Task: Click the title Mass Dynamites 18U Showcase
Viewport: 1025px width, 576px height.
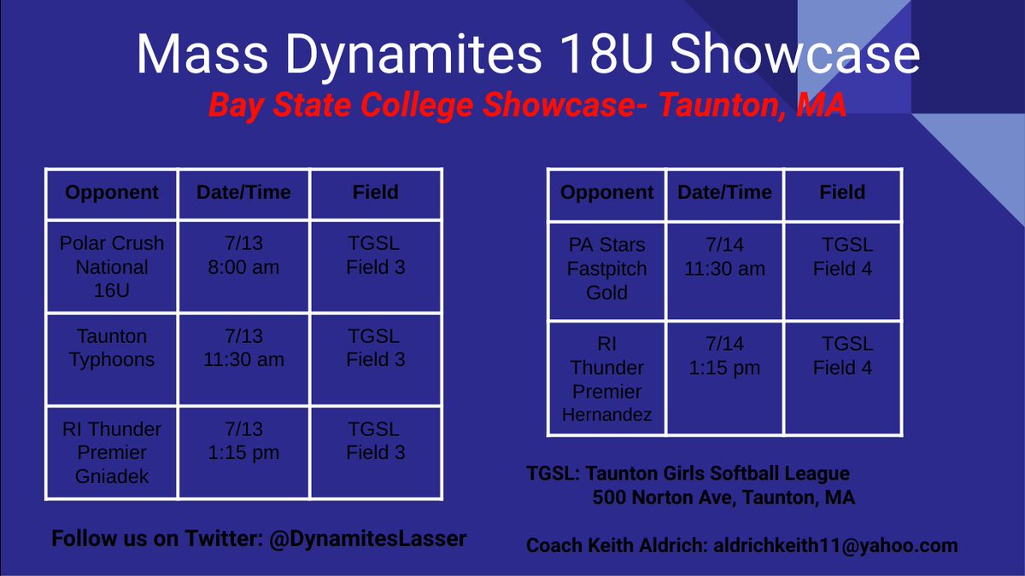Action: (x=527, y=55)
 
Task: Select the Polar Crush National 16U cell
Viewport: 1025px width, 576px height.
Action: (x=111, y=267)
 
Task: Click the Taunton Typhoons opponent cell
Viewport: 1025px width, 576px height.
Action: (x=111, y=348)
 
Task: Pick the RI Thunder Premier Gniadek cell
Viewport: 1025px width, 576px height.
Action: (x=111, y=452)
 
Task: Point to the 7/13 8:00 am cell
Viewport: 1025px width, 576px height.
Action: (x=243, y=255)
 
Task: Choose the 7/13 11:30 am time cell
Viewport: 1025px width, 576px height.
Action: (x=243, y=348)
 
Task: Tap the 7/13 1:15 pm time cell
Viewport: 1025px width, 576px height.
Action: (x=243, y=440)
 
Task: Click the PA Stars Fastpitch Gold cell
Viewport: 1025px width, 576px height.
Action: (x=607, y=269)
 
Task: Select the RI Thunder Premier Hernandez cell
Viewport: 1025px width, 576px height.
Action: (x=607, y=380)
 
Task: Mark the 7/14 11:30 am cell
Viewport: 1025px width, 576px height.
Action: (x=725, y=257)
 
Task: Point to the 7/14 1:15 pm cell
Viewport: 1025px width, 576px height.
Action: (x=725, y=356)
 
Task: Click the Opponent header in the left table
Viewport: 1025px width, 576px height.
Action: (x=111, y=193)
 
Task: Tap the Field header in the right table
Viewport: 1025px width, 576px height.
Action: (x=842, y=193)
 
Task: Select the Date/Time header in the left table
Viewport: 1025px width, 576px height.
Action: (x=243, y=193)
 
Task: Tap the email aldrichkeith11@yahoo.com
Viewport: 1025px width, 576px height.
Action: (x=835, y=545)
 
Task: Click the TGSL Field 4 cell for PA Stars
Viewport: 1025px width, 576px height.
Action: (x=842, y=257)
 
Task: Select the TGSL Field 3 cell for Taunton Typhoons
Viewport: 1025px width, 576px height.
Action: (x=375, y=348)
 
